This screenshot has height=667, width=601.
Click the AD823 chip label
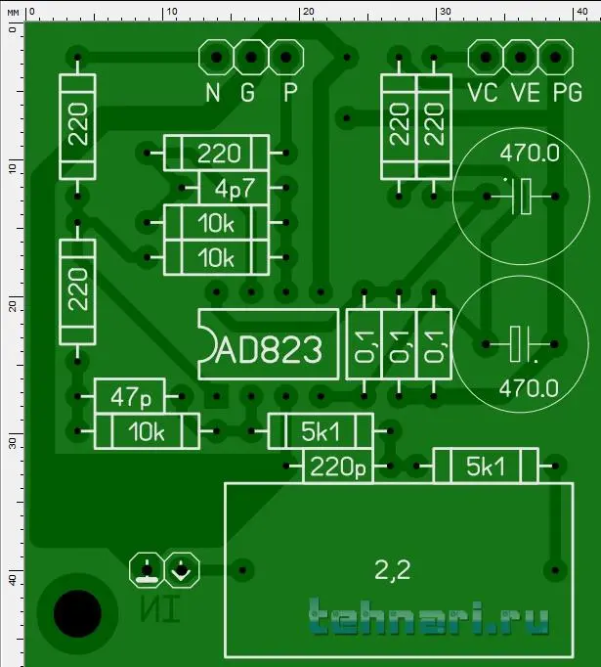269,349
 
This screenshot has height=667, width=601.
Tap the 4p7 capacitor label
235,189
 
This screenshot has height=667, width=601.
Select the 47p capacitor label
131,397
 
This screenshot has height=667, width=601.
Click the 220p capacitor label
338,467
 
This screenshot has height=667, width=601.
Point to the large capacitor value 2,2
392,570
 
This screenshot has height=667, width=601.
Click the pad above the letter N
216,57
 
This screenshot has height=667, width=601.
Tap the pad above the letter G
251,57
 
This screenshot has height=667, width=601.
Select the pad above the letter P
286,57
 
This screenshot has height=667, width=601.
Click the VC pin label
483,92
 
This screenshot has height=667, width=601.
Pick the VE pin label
526,92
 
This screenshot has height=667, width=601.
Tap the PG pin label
568,92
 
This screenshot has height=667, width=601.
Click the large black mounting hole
77,613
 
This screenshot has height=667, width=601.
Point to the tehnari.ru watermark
429,617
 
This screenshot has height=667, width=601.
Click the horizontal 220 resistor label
219,154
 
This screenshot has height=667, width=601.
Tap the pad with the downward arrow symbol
182,570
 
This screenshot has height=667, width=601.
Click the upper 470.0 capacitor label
530,154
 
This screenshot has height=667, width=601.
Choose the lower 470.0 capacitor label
529,389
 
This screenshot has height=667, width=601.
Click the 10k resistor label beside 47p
147,431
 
